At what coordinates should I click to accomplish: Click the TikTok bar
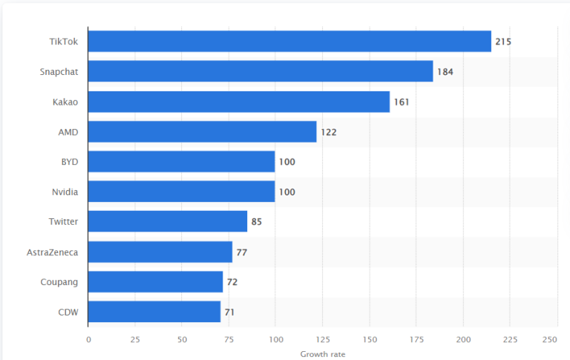pyautogui.click(x=289, y=42)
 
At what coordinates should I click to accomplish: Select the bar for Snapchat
pyautogui.click(x=261, y=71)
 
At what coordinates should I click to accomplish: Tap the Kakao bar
pyautogui.click(x=239, y=102)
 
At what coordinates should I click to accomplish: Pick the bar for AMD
pyautogui.click(x=202, y=131)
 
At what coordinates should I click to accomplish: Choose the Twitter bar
pyautogui.click(x=168, y=221)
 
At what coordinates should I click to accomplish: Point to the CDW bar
pyautogui.click(x=154, y=312)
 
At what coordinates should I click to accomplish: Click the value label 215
pyautogui.click(x=503, y=42)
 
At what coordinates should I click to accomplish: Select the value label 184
pyautogui.click(x=445, y=72)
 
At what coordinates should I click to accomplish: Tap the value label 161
pyautogui.click(x=401, y=102)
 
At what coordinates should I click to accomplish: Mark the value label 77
pyautogui.click(x=241, y=252)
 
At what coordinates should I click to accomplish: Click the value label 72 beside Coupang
pyautogui.click(x=232, y=282)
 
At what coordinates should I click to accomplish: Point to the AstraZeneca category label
pyautogui.click(x=52, y=252)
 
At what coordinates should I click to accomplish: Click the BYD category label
pyautogui.click(x=70, y=162)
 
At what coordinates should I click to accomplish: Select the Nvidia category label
pyautogui.click(x=65, y=192)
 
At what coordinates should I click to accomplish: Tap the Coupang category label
pyautogui.click(x=59, y=282)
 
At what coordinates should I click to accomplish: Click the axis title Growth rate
pyautogui.click(x=322, y=354)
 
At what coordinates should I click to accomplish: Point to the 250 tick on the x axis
pyautogui.click(x=550, y=339)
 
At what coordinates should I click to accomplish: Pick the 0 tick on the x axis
pyautogui.click(x=88, y=339)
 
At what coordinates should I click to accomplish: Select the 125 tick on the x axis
pyautogui.click(x=322, y=339)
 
